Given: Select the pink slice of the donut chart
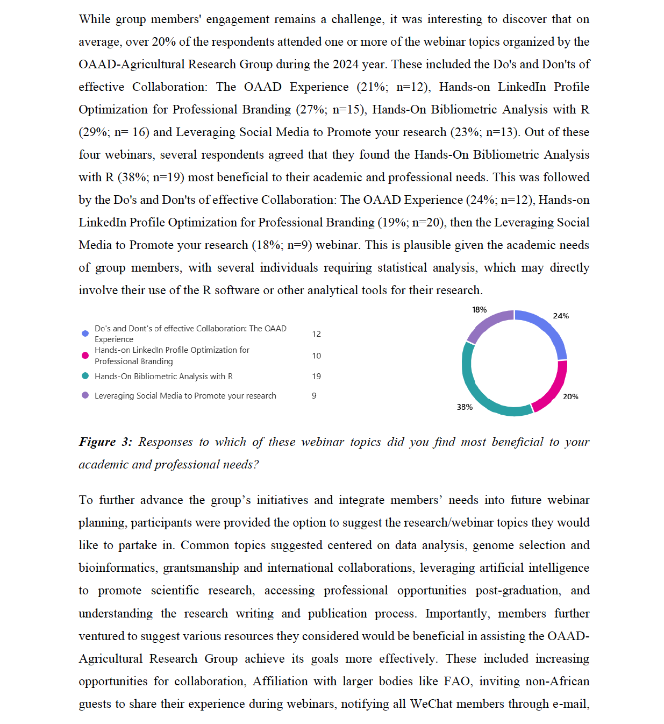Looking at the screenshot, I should [x=554, y=387].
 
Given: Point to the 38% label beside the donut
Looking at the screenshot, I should [x=465, y=407].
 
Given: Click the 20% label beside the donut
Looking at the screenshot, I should [x=570, y=396].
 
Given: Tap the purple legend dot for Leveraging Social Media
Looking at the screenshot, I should [x=85, y=395].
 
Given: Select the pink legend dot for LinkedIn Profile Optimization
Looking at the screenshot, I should [x=85, y=356].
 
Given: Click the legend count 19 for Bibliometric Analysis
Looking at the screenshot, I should [x=316, y=377].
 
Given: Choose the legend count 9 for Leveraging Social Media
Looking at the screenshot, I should [x=314, y=396].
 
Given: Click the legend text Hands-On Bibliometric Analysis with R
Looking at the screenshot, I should [x=163, y=377].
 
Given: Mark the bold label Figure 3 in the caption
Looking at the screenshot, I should [x=105, y=442].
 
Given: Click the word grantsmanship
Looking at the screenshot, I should [x=201, y=568].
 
